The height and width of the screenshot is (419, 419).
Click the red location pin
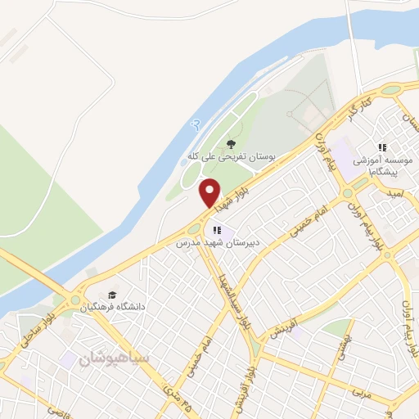coord(210,192)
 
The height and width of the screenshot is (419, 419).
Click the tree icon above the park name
coord(232,143)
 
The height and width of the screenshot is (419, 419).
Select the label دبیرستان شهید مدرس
coord(215,243)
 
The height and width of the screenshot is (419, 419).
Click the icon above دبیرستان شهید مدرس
coord(217,231)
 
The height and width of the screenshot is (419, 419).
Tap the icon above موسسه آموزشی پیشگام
coord(381,147)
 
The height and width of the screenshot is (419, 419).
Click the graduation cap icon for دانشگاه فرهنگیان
coord(110,295)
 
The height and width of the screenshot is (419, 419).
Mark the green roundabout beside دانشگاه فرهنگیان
coord(76,300)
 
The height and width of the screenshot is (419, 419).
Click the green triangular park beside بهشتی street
coord(335,327)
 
